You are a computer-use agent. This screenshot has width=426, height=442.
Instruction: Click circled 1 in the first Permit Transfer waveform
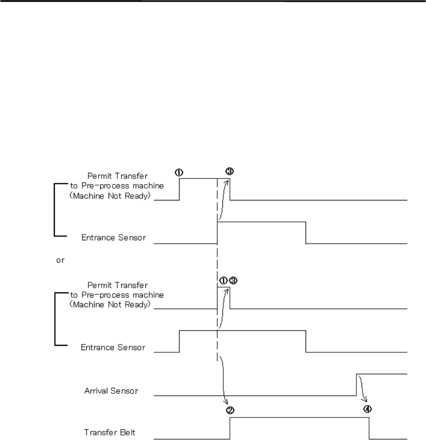179,172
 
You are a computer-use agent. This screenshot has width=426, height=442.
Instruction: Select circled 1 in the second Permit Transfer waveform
223,281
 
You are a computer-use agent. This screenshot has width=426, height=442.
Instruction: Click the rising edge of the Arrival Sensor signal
356,385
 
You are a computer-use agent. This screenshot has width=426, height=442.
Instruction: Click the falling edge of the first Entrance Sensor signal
306,232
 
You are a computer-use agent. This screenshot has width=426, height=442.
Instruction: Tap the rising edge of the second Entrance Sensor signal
180,341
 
